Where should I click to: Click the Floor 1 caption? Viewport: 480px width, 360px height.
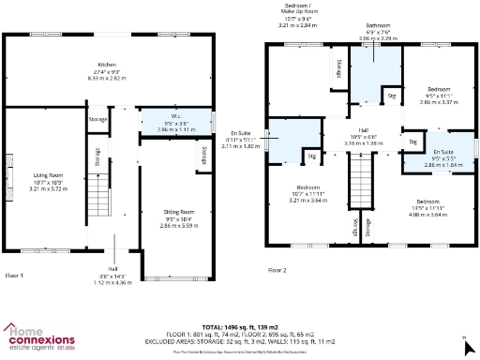pos(14,276)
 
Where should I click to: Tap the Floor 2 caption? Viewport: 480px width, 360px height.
pos(277,269)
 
